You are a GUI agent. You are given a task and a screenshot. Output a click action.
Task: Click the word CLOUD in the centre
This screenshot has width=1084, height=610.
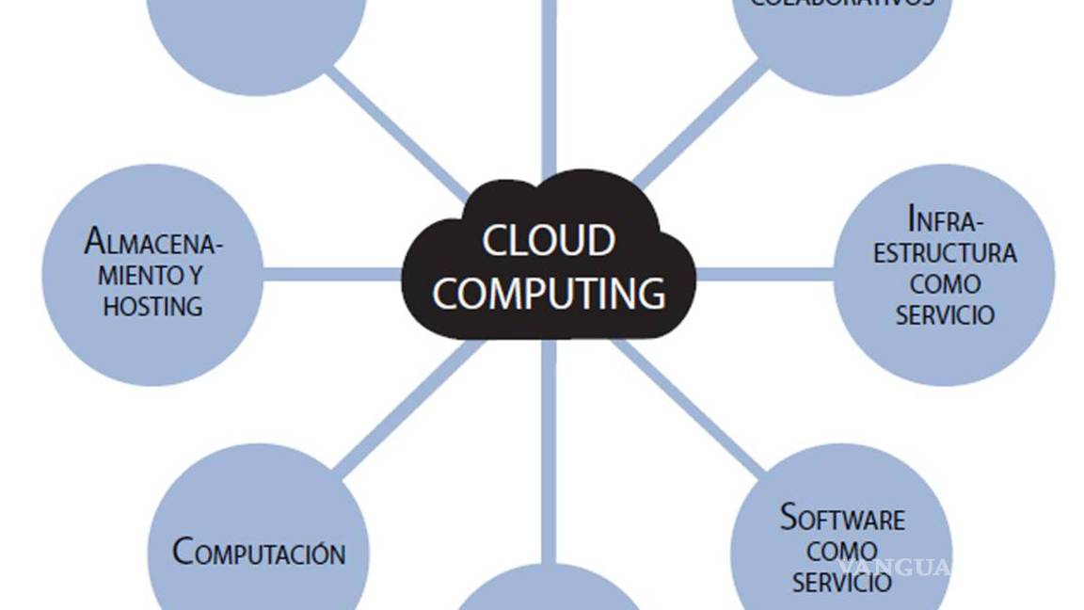pyautogui.click(x=549, y=241)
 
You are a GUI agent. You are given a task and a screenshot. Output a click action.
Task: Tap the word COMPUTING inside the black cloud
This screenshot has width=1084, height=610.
pyautogui.click(x=549, y=293)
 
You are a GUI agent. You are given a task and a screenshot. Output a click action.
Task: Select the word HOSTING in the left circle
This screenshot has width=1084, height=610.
pyautogui.click(x=152, y=306)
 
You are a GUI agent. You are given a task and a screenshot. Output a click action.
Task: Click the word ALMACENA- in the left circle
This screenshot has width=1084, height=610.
pyautogui.click(x=154, y=244)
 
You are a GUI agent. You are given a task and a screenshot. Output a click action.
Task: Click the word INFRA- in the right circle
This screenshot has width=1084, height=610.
pyautogui.click(x=945, y=221)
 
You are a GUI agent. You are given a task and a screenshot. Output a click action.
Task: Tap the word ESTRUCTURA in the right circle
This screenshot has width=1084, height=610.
pyautogui.click(x=945, y=253)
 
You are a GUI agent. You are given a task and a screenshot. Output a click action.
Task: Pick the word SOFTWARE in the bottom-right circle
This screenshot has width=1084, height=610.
pyautogui.click(x=842, y=519)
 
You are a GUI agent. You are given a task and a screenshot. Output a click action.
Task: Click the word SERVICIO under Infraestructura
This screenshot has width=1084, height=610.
pyautogui.click(x=945, y=314)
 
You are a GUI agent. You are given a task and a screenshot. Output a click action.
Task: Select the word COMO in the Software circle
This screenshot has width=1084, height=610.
pyautogui.click(x=842, y=551)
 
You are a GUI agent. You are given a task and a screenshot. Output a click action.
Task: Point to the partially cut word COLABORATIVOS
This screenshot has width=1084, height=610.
pyautogui.click(x=842, y=4)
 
